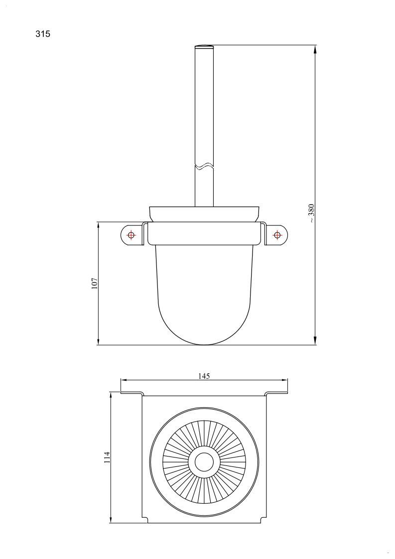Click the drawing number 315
(43, 34)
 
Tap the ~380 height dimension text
(311, 213)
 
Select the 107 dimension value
(95, 283)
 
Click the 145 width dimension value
(204, 376)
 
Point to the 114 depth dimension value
(107, 457)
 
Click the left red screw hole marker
(131, 235)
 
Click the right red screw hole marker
(277, 235)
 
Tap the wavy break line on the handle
(204, 166)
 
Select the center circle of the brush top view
(204, 462)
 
